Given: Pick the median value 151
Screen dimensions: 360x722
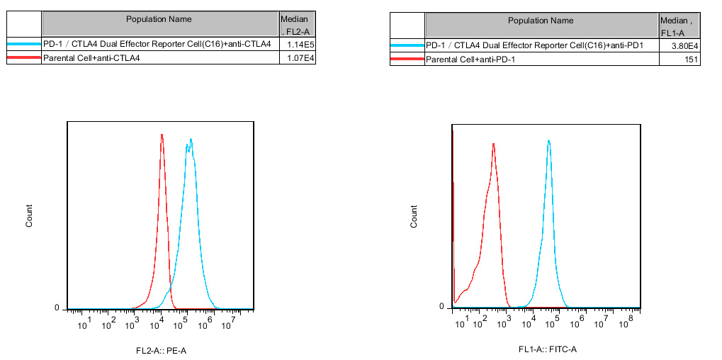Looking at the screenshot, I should tap(692, 60).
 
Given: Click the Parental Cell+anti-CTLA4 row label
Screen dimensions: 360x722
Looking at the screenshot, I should tap(91, 58).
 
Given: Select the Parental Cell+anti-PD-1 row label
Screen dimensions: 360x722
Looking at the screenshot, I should tap(470, 60).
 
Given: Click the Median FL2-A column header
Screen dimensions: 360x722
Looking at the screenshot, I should tap(295, 26).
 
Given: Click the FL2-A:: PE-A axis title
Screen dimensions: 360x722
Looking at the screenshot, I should tap(161, 351).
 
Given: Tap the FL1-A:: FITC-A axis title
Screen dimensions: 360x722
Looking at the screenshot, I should tap(547, 349).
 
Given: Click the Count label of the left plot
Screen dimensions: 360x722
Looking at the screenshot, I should tap(29, 215).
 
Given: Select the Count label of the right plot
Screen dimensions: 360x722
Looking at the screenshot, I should tap(414, 216).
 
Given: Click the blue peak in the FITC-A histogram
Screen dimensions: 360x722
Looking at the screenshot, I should tap(549, 141).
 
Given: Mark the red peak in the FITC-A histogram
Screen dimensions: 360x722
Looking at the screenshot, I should tap(493, 145).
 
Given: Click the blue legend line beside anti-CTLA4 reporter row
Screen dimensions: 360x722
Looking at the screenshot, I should tap(23, 45).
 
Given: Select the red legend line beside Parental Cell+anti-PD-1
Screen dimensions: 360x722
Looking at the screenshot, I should tap(407, 60).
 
